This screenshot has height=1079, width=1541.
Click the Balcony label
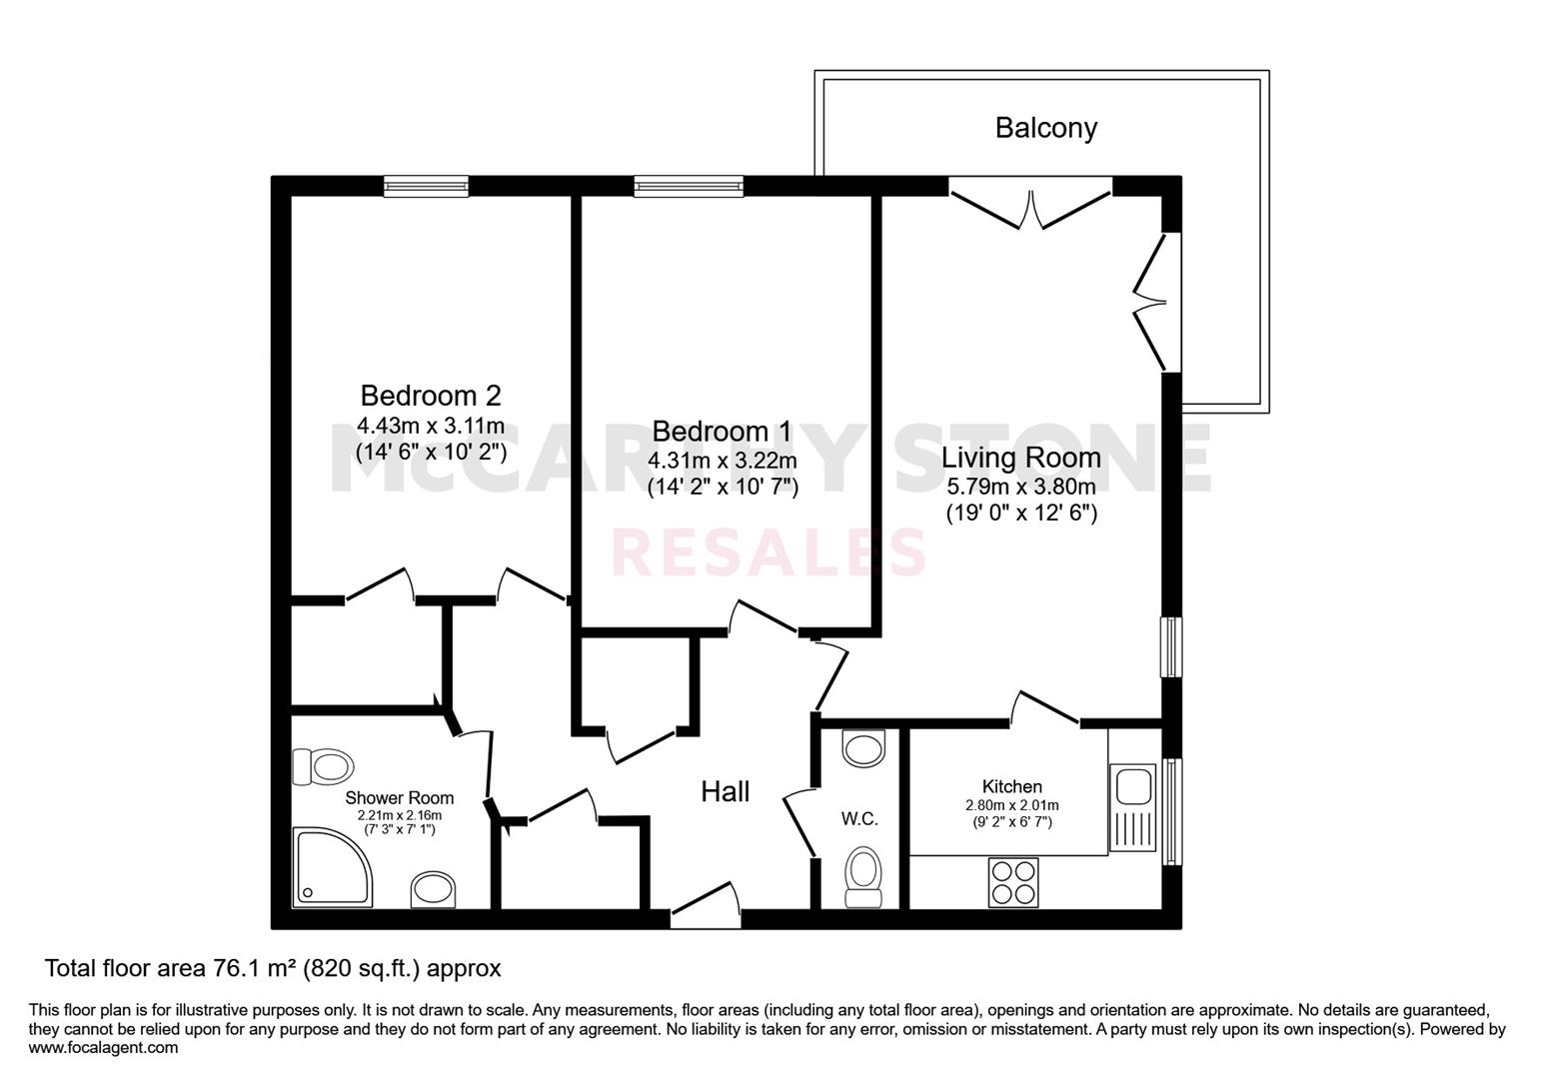coord(1045,129)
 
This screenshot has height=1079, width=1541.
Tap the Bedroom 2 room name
coord(431,396)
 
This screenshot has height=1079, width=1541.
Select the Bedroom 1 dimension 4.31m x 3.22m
coord(723,460)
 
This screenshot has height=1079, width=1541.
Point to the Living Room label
coord(1021,458)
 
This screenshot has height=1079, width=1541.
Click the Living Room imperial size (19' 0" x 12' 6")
coord(1021,513)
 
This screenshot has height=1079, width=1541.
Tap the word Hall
coord(726,791)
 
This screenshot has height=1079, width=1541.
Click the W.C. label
coord(859,819)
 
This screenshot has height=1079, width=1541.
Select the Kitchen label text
coord(1012,786)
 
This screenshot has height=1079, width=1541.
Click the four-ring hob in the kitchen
coord(1013,882)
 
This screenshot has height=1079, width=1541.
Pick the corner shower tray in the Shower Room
coord(333,866)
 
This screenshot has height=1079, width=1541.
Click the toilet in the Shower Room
coord(323,766)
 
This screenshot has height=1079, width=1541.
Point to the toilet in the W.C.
coord(863,877)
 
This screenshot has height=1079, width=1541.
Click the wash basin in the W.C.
coord(863,748)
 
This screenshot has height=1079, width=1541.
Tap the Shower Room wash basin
coord(434,890)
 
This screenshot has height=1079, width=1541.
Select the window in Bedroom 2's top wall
coord(426,187)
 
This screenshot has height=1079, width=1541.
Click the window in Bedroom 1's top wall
coord(689,187)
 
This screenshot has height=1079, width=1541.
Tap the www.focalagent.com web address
coord(103,1048)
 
